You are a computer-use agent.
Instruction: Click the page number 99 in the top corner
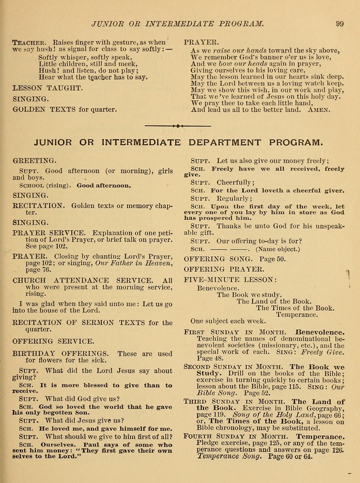pos(339,23)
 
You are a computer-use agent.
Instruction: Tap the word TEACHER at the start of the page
pos(28,42)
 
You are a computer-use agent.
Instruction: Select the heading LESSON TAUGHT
pos(47,88)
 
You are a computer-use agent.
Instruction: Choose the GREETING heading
pos(34,160)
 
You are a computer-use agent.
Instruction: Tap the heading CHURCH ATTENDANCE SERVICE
pos(82,280)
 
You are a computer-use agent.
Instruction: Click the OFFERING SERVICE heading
pos(53,341)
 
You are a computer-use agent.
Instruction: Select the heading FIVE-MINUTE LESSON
pos(230,279)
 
